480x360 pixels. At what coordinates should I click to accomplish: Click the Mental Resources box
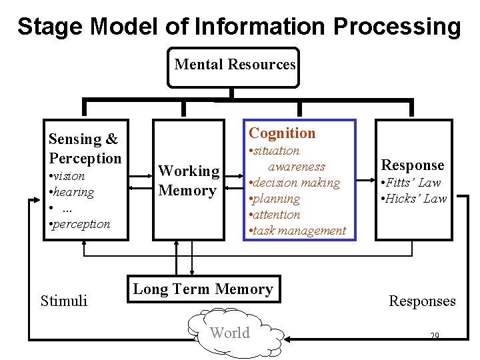coord(234,66)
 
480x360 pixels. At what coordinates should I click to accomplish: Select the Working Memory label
coord(189,181)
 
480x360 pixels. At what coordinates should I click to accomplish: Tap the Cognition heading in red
coord(282,133)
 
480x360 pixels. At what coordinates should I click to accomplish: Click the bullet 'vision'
coord(67,176)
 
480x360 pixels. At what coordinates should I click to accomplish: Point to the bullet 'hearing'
coord(71,192)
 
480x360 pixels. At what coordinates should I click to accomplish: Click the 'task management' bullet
coord(297,231)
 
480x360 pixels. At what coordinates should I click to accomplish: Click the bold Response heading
coord(412,165)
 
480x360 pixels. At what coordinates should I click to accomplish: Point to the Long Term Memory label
coord(203,289)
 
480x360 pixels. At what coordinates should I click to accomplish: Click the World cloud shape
coord(230,333)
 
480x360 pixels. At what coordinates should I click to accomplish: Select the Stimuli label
coord(64,301)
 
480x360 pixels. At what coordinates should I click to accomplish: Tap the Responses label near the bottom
coord(422,301)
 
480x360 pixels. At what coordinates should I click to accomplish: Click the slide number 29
coord(435,336)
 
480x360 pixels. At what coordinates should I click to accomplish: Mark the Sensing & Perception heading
coord(85,149)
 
